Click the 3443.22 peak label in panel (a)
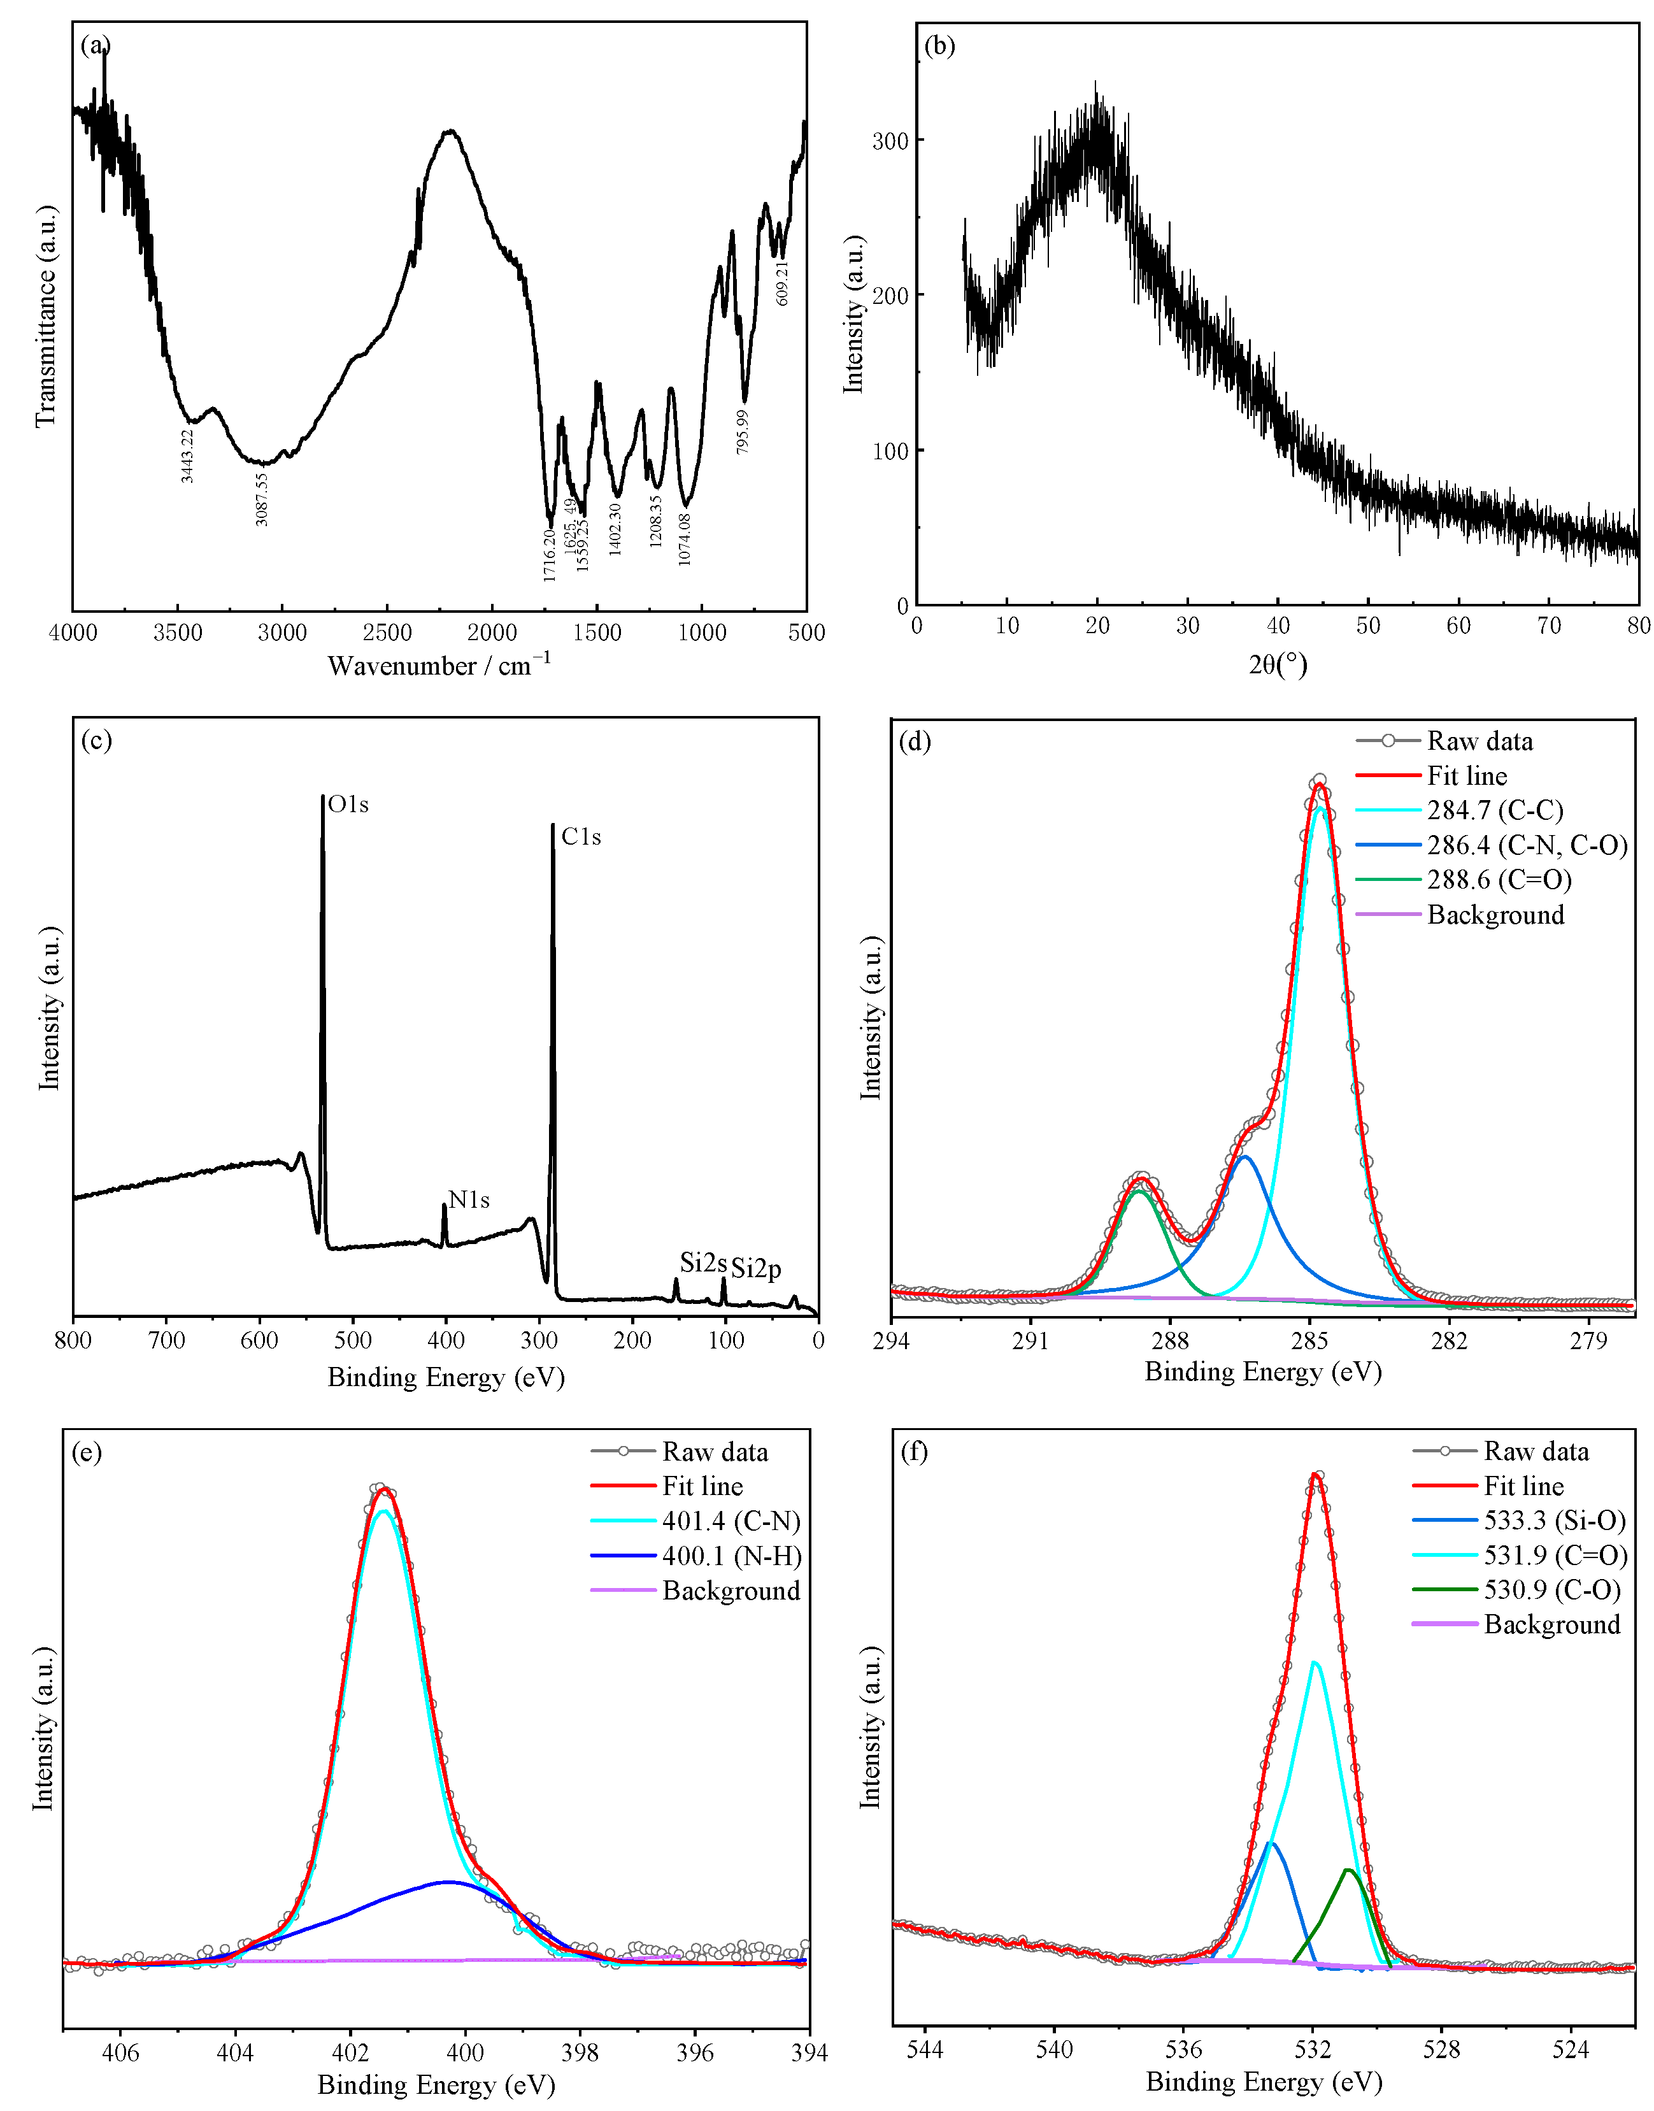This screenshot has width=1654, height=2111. pos(188,455)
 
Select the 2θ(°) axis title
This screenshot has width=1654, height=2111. pos(1278,664)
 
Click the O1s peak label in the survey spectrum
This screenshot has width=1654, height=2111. pos(348,805)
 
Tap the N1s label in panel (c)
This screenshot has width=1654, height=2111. pos(469,1201)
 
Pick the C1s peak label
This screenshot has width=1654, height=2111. pos(581,836)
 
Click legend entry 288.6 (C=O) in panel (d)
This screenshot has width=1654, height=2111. pos(1499,880)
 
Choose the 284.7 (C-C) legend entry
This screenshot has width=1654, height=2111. pos(1495,810)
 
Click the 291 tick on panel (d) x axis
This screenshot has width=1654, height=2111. pos(1030,1342)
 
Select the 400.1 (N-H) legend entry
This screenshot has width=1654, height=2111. pos(731,1556)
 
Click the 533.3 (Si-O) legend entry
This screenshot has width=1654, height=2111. pos(1554,1521)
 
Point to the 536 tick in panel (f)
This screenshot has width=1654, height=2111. pos(1183,2049)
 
